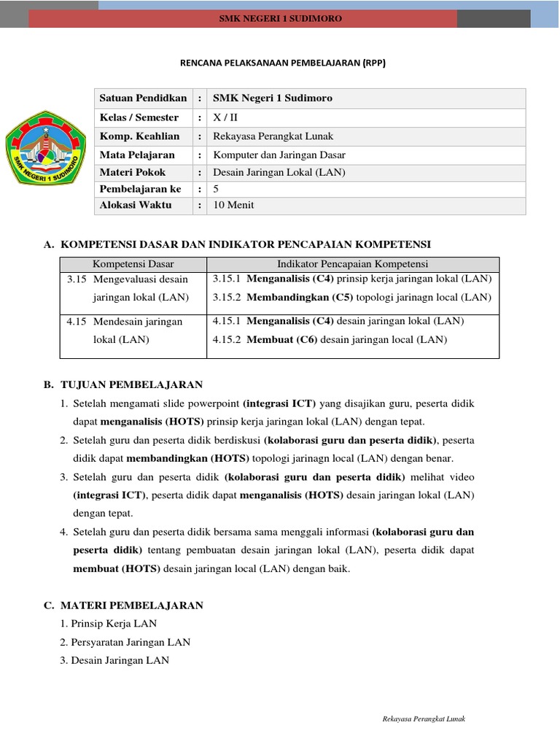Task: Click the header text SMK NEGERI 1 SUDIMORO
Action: coord(281,18)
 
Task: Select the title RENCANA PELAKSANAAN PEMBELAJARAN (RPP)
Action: coord(282,63)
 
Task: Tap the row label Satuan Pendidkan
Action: coord(144,98)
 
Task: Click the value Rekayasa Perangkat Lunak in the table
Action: coord(273,136)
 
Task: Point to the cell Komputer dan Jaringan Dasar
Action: coord(279,155)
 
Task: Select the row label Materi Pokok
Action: coord(133,173)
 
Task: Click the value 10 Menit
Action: coord(233,205)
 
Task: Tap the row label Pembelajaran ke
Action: coord(140,189)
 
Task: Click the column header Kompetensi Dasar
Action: coord(133,264)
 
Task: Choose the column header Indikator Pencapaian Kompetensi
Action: coord(352,264)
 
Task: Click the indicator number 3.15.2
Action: coord(227,297)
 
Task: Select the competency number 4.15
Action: coord(77,321)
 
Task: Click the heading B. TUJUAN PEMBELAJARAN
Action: coord(123,384)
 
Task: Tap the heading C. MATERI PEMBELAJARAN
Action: coord(123,605)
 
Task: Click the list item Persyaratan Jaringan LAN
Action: coord(131,642)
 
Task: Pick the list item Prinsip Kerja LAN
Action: coord(114,624)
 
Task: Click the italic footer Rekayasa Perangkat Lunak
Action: coord(424,719)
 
